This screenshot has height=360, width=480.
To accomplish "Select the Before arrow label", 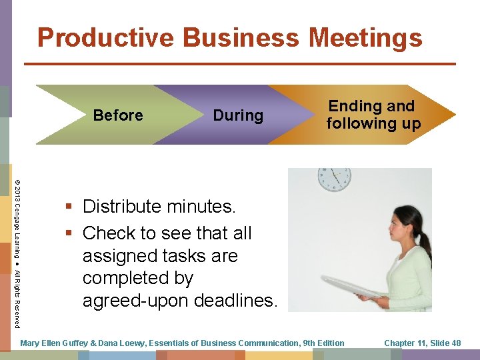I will click(x=118, y=115).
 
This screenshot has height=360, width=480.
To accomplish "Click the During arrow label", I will click(x=238, y=115).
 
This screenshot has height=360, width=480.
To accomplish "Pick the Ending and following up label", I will click(x=373, y=115).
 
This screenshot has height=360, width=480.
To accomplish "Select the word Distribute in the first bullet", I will click(x=122, y=207).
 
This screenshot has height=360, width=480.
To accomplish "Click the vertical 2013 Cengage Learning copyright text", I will click(x=18, y=247).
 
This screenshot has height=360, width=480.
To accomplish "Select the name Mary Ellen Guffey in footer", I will click(x=54, y=343).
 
